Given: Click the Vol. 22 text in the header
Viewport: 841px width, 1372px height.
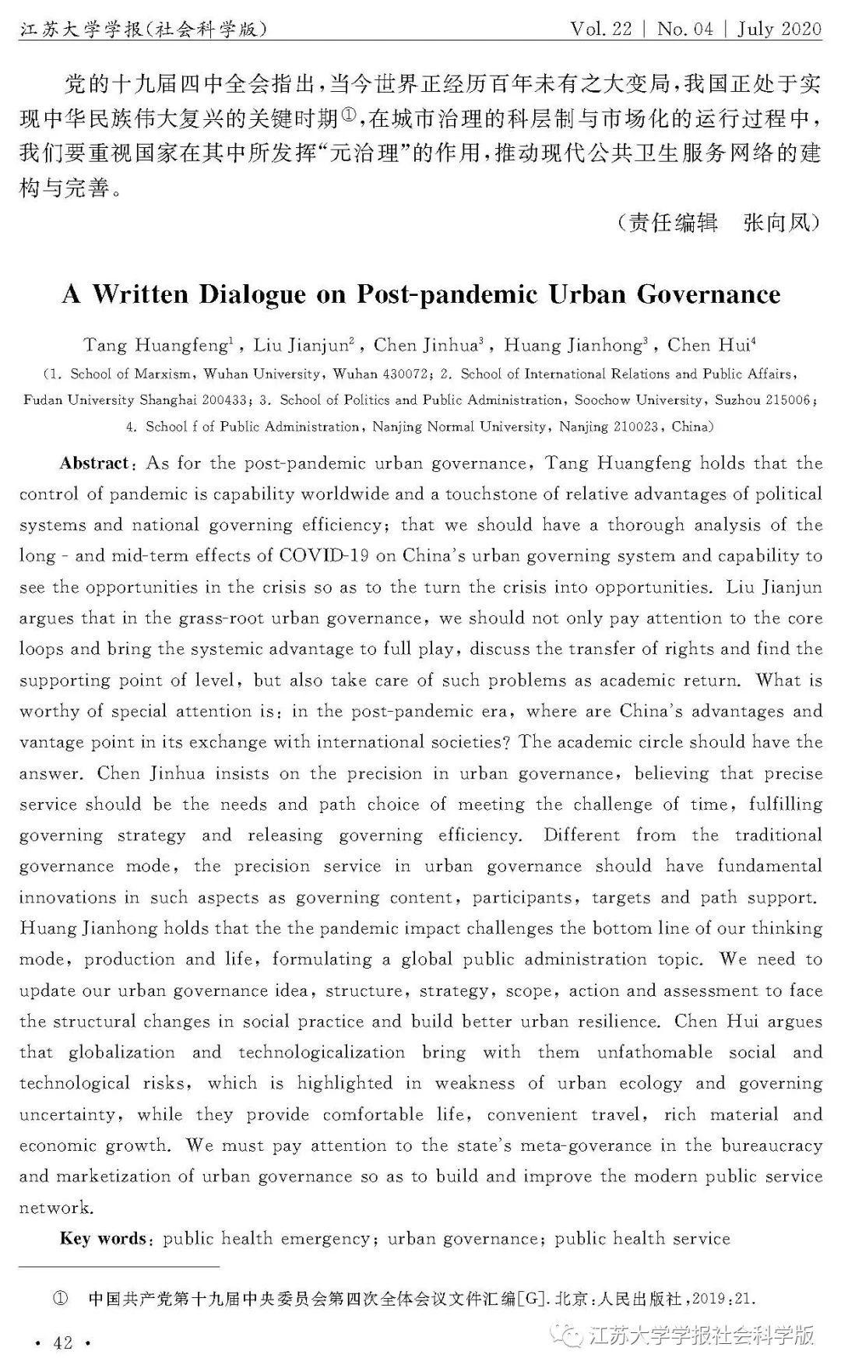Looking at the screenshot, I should (x=601, y=29).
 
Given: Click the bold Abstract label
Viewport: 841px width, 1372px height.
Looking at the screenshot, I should (x=94, y=463).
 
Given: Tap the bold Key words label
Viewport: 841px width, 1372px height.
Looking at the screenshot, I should (x=103, y=1239).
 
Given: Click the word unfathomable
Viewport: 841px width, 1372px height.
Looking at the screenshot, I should (x=654, y=1053).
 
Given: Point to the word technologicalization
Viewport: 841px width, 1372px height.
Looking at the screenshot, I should (x=322, y=1053).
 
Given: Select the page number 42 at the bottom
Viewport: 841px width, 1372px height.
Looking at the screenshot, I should (x=62, y=1342).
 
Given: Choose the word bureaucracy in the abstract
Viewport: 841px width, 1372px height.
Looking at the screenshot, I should (x=771, y=1146).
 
